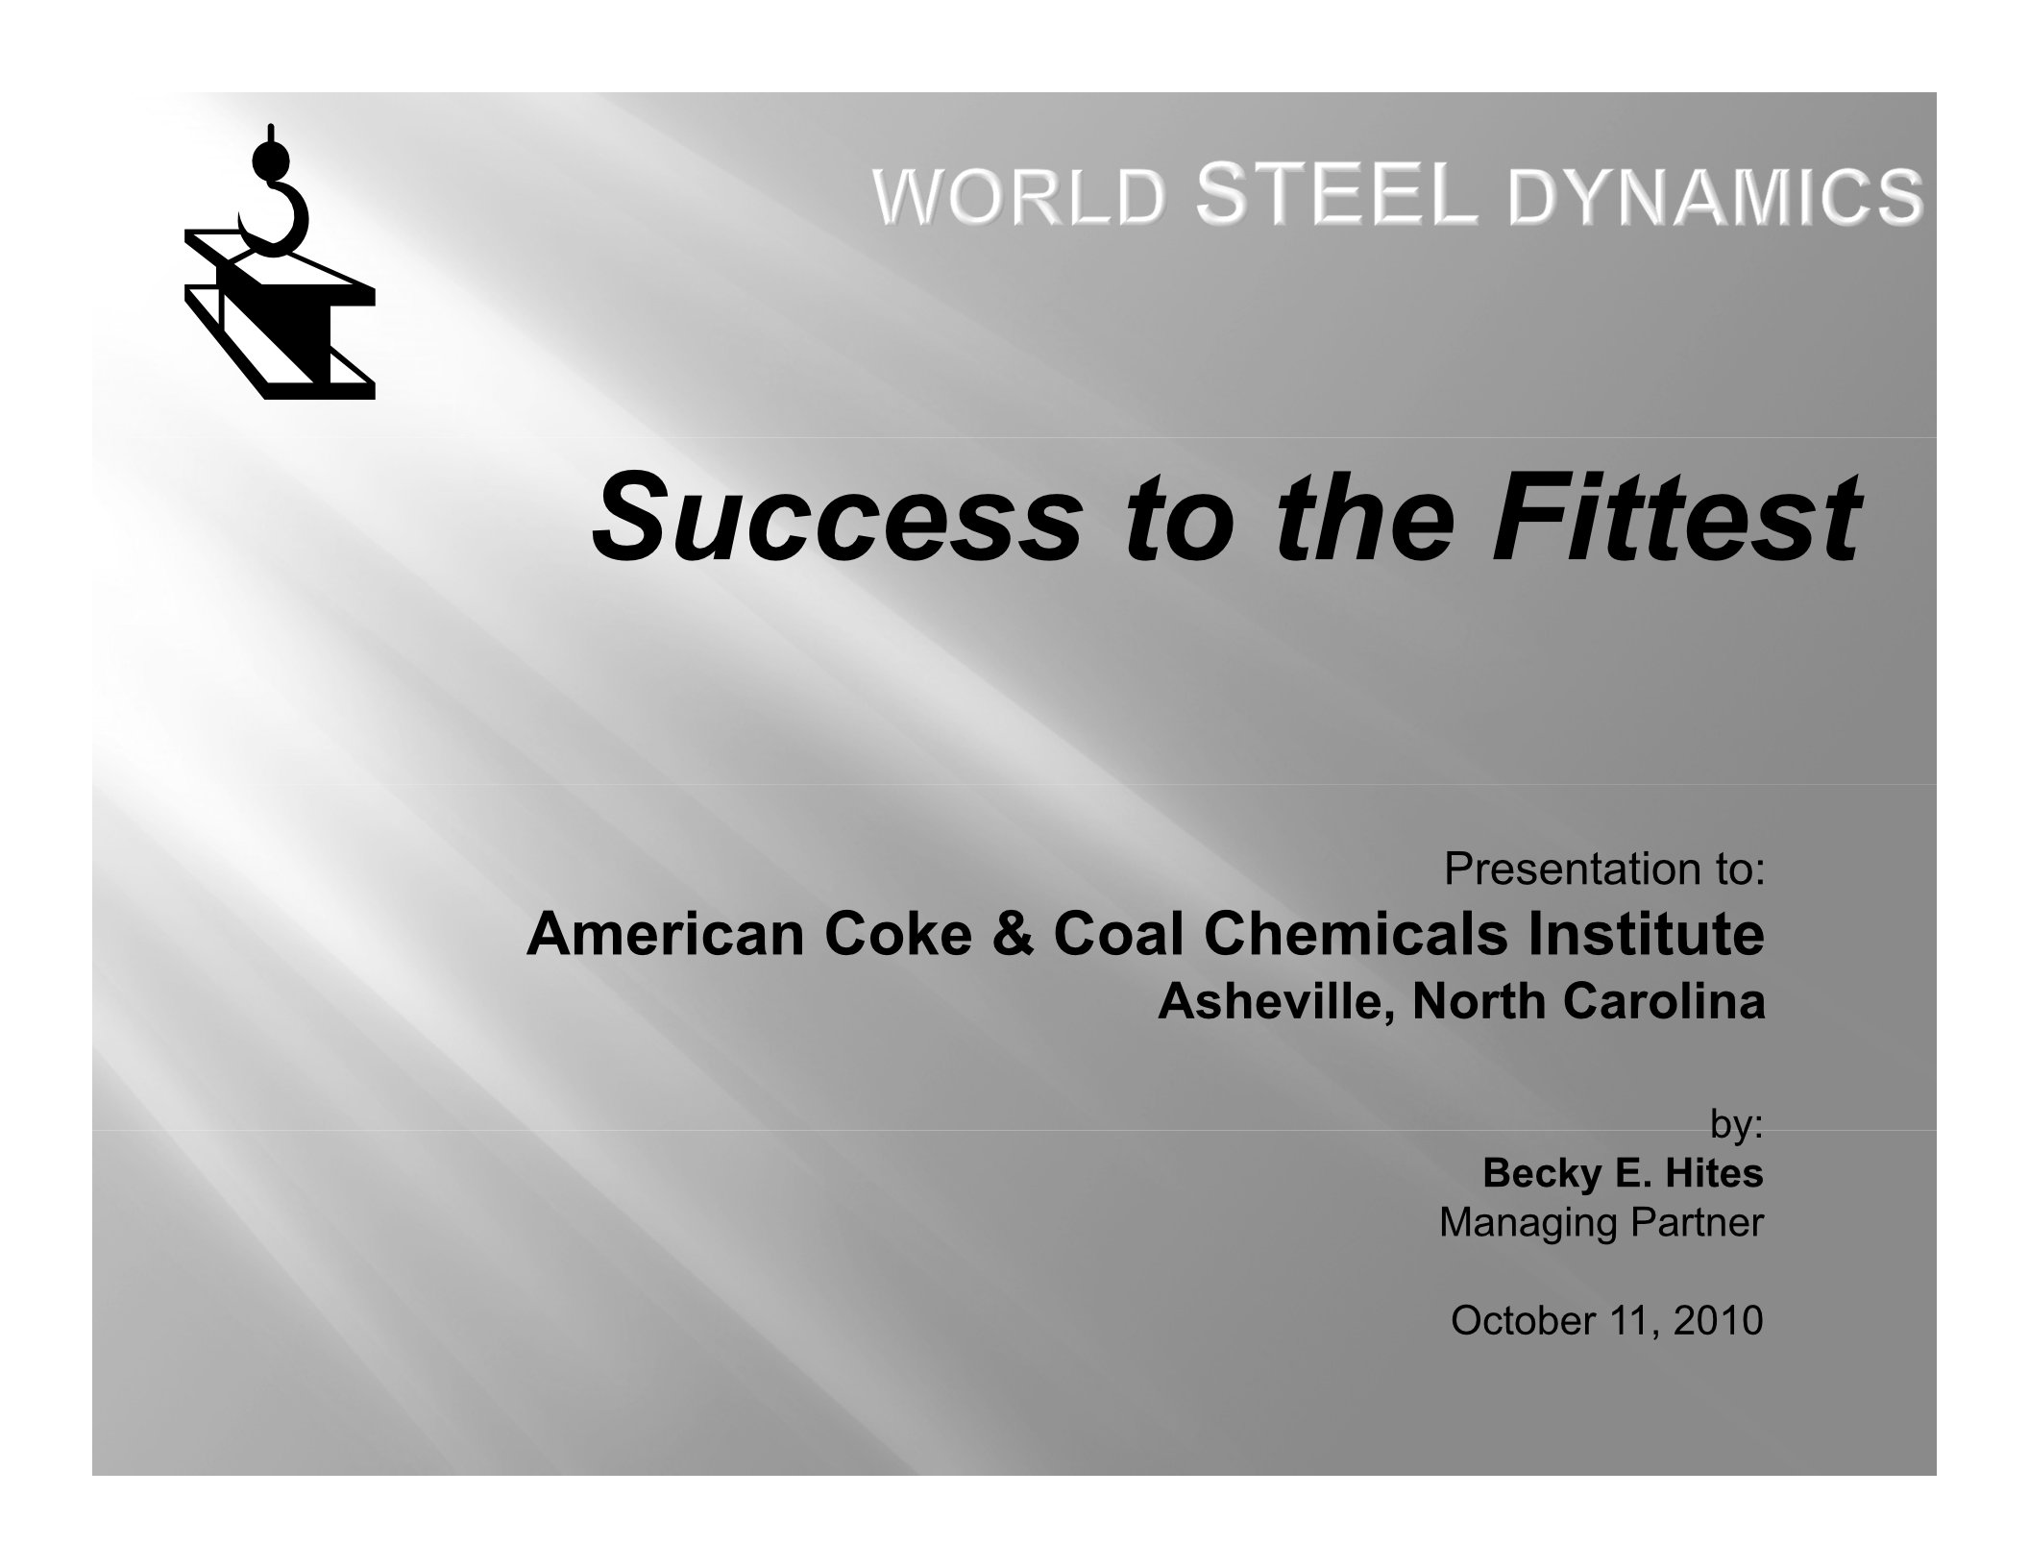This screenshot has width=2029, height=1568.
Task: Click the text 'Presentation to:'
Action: (1603, 870)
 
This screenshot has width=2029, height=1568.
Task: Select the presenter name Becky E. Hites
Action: (1623, 1172)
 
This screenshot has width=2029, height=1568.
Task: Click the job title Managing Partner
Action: (1601, 1224)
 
